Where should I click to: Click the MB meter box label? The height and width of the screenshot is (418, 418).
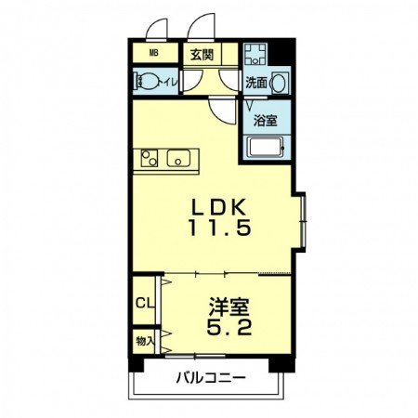pyautogui.click(x=154, y=53)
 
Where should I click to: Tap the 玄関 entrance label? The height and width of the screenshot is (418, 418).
pyautogui.click(x=202, y=55)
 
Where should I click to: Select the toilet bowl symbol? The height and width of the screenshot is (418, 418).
pyautogui.click(x=146, y=82)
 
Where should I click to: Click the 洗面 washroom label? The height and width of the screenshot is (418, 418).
pyautogui.click(x=256, y=83)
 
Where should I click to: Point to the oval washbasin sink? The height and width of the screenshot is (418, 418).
pyautogui.click(x=280, y=83)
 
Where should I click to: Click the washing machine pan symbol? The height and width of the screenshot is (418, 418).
pyautogui.click(x=255, y=54)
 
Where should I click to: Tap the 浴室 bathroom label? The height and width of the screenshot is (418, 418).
pyautogui.click(x=265, y=121)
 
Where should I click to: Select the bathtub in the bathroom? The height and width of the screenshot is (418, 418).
pyautogui.click(x=267, y=148)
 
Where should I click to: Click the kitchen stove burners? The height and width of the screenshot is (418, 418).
pyautogui.click(x=150, y=158)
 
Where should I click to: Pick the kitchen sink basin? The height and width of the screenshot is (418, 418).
pyautogui.click(x=178, y=158)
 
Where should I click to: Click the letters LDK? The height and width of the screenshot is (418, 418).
pyautogui.click(x=219, y=207)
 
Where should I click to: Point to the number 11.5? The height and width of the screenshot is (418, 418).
pyautogui.click(x=219, y=228)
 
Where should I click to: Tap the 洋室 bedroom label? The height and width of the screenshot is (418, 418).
pyautogui.click(x=229, y=307)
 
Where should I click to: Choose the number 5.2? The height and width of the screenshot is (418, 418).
pyautogui.click(x=229, y=327)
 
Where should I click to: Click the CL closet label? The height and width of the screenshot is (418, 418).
pyautogui.click(x=145, y=303)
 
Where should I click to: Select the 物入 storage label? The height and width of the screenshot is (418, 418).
pyautogui.click(x=145, y=341)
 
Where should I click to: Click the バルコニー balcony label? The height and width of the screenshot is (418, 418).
pyautogui.click(x=211, y=378)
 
